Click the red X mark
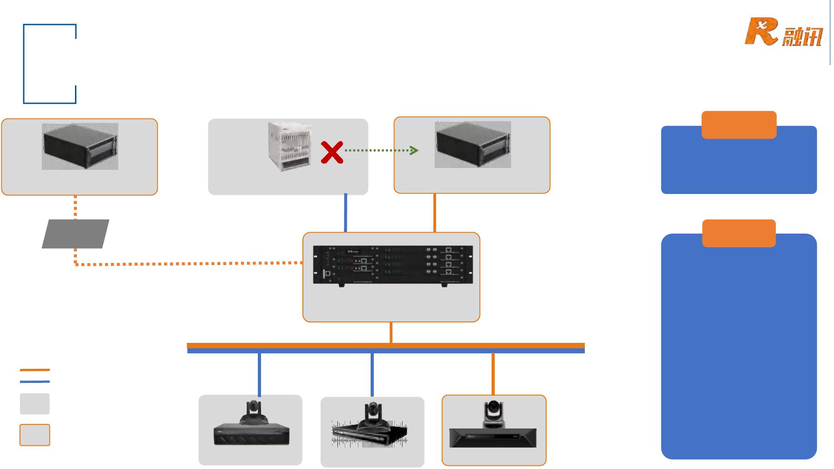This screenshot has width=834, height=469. click(x=332, y=152)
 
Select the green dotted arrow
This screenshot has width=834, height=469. click(x=381, y=150)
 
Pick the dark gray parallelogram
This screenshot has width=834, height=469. click(x=75, y=234)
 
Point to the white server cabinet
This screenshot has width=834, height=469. click(x=290, y=146)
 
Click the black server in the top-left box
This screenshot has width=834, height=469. click(x=80, y=147)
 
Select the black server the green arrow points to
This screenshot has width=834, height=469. click(x=473, y=145)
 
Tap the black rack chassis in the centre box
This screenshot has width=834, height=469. click(x=393, y=265)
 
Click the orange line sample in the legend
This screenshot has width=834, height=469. click(x=35, y=370)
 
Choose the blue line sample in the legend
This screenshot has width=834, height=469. click(x=35, y=382)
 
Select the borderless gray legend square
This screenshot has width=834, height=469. click(x=35, y=404)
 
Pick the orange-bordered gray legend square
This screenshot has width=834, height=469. click(x=35, y=435)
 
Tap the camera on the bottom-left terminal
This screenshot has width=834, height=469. click(x=252, y=413)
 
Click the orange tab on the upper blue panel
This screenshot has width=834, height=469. click(x=739, y=125)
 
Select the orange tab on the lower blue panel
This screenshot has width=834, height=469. click(x=739, y=233)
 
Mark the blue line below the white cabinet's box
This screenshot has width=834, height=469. click(x=346, y=213)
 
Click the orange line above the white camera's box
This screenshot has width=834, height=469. click(x=493, y=373)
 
